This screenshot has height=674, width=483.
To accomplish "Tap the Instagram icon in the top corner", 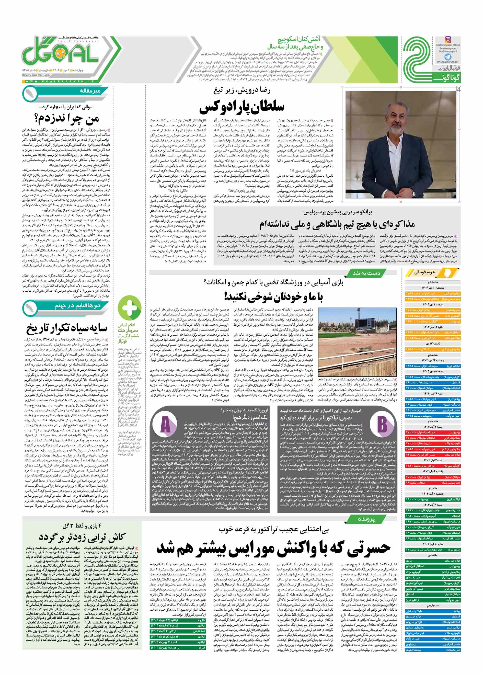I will click(x=448, y=40).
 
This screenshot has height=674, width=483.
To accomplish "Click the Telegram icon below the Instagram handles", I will click(x=448, y=57).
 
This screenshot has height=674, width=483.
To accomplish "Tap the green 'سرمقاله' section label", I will click(x=89, y=91).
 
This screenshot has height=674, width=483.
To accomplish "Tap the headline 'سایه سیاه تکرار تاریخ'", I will click(x=66, y=328).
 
